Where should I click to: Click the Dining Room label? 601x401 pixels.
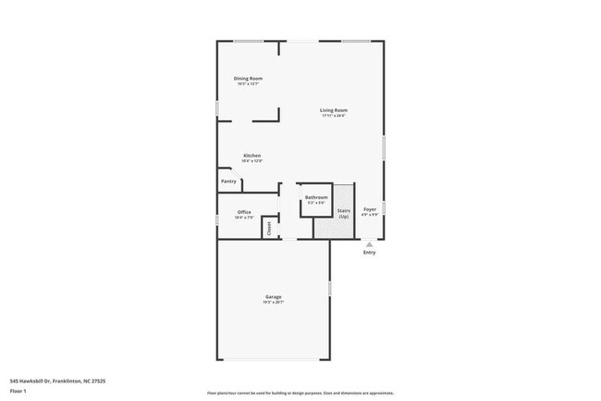248,79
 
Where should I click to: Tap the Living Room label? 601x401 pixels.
334,110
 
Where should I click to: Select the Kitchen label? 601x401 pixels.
251,155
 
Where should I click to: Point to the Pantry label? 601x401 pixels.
229,182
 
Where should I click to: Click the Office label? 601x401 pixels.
244,212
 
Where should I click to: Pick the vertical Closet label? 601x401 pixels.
269,227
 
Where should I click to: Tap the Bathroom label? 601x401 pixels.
317,197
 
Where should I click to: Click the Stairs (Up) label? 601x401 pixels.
343,214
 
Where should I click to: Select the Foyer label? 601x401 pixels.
370,211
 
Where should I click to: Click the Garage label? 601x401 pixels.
272,296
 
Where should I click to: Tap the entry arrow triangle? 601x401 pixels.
369,244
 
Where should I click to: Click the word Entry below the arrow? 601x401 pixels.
369,252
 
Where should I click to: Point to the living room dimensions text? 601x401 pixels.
334,116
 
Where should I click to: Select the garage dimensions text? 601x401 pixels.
272,302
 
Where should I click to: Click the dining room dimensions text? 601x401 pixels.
248,84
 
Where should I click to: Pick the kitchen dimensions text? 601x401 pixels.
251,161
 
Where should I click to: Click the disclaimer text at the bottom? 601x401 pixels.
300,393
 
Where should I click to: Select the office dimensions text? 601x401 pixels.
244,218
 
